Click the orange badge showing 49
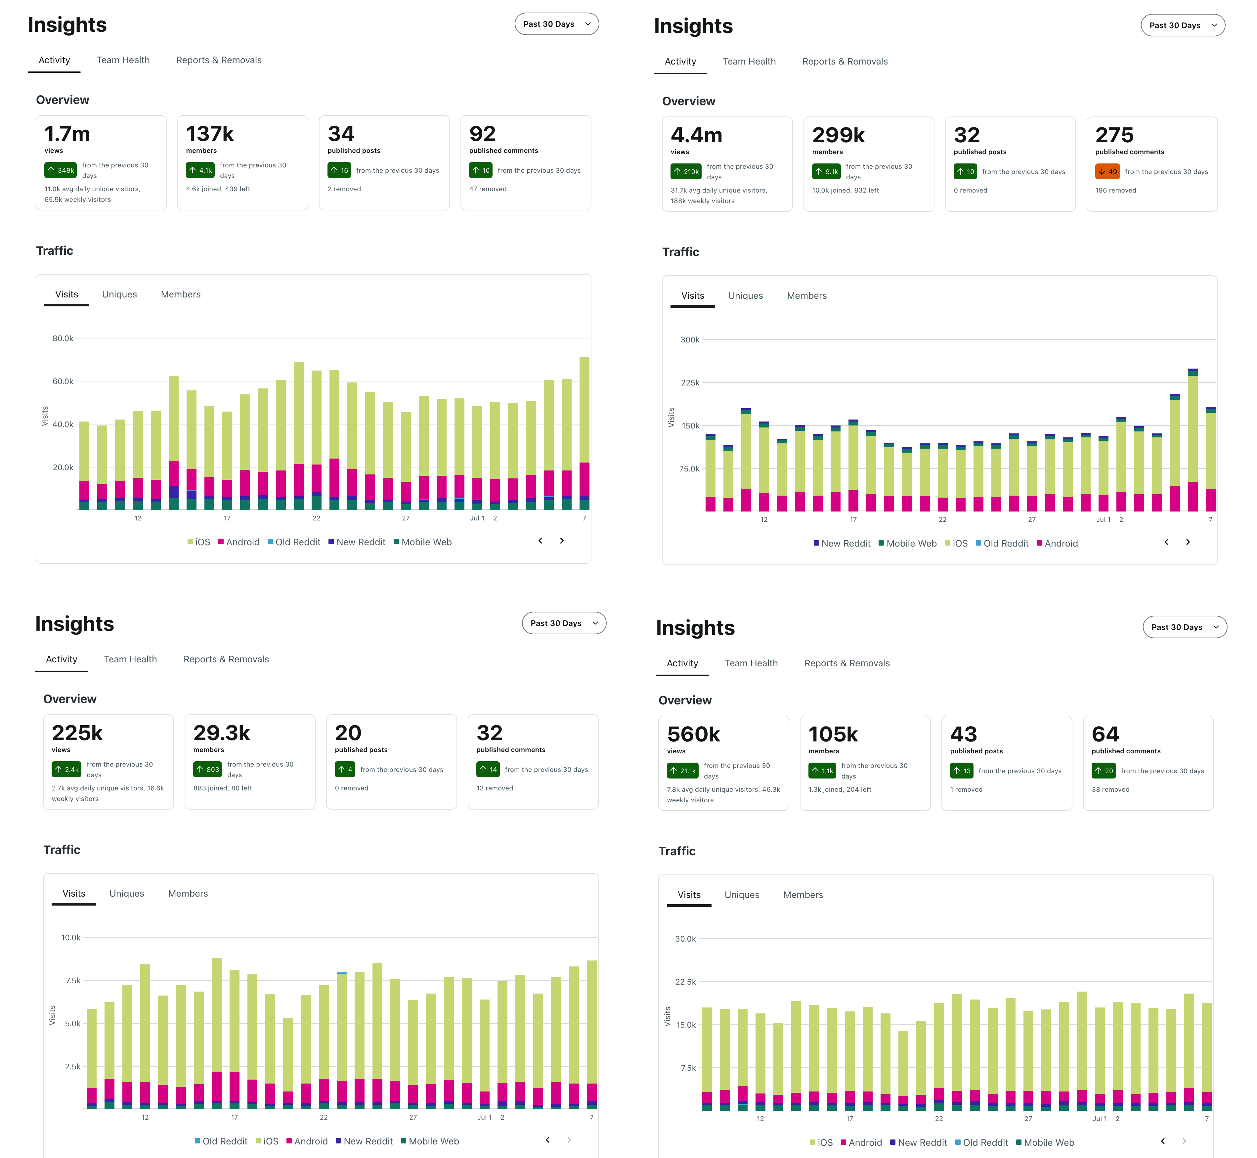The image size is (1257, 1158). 1107,172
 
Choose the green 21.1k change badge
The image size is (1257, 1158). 683,771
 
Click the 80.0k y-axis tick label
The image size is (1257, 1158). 63,338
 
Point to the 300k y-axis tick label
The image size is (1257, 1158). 690,340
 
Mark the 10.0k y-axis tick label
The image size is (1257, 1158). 71,937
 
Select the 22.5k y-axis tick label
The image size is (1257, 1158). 685,982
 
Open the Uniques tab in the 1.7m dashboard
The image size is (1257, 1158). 119,294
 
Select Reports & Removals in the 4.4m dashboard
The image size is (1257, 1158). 845,62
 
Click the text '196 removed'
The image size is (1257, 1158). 1115,191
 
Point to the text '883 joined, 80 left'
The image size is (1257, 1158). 222,788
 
